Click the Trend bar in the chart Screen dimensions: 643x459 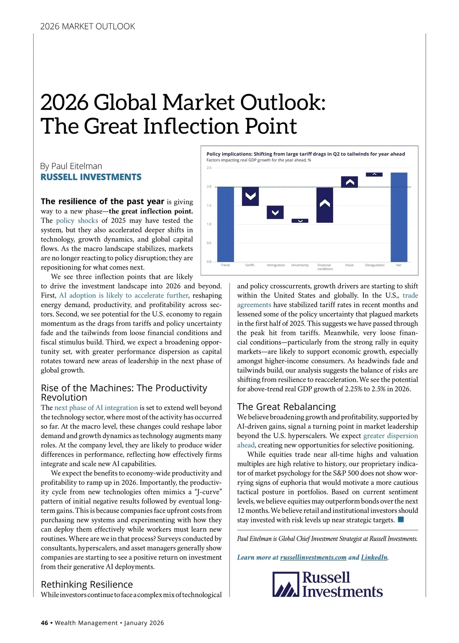225,224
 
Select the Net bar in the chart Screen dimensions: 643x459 399,217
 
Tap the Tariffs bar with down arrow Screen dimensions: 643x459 250,196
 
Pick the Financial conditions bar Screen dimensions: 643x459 325,205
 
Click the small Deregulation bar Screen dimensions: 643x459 374,175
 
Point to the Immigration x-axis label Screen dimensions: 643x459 276,265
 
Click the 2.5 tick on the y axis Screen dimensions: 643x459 209,168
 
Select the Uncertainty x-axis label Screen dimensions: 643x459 300,265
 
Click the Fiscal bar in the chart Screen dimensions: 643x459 349,182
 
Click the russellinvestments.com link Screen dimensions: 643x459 313,557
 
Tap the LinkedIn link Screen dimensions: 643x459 374,557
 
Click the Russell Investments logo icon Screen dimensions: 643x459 285,584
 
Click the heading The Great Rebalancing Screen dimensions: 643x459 286,406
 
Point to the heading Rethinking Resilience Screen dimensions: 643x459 87,584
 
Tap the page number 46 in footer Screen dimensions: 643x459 44,623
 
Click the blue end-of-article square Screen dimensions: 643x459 401,519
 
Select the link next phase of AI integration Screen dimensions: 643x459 96,408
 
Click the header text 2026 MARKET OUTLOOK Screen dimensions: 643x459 88,26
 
